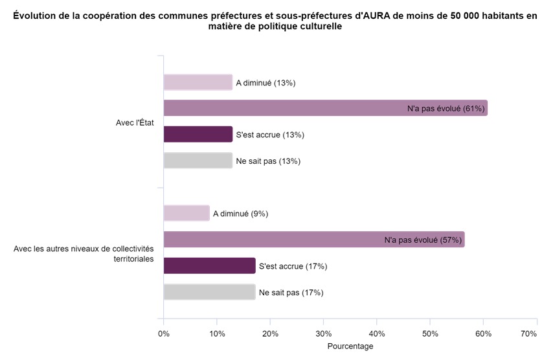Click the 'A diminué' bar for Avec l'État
[x=198, y=82]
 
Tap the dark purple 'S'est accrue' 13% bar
[x=198, y=134]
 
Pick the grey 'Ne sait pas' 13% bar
[x=198, y=161]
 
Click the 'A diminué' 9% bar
[x=186, y=213]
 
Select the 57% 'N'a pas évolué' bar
[x=313, y=240]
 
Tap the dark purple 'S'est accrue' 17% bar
[x=209, y=265]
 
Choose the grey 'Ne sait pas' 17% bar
[x=209, y=292]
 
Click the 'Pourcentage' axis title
[x=350, y=346]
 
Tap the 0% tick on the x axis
[x=164, y=333]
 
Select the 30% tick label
[x=324, y=333]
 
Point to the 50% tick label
[x=431, y=333]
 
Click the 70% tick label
[x=528, y=333]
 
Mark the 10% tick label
[x=217, y=333]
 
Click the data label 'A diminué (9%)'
[x=240, y=214]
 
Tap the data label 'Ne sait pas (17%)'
[x=291, y=293]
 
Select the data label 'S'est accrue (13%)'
[x=270, y=135]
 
